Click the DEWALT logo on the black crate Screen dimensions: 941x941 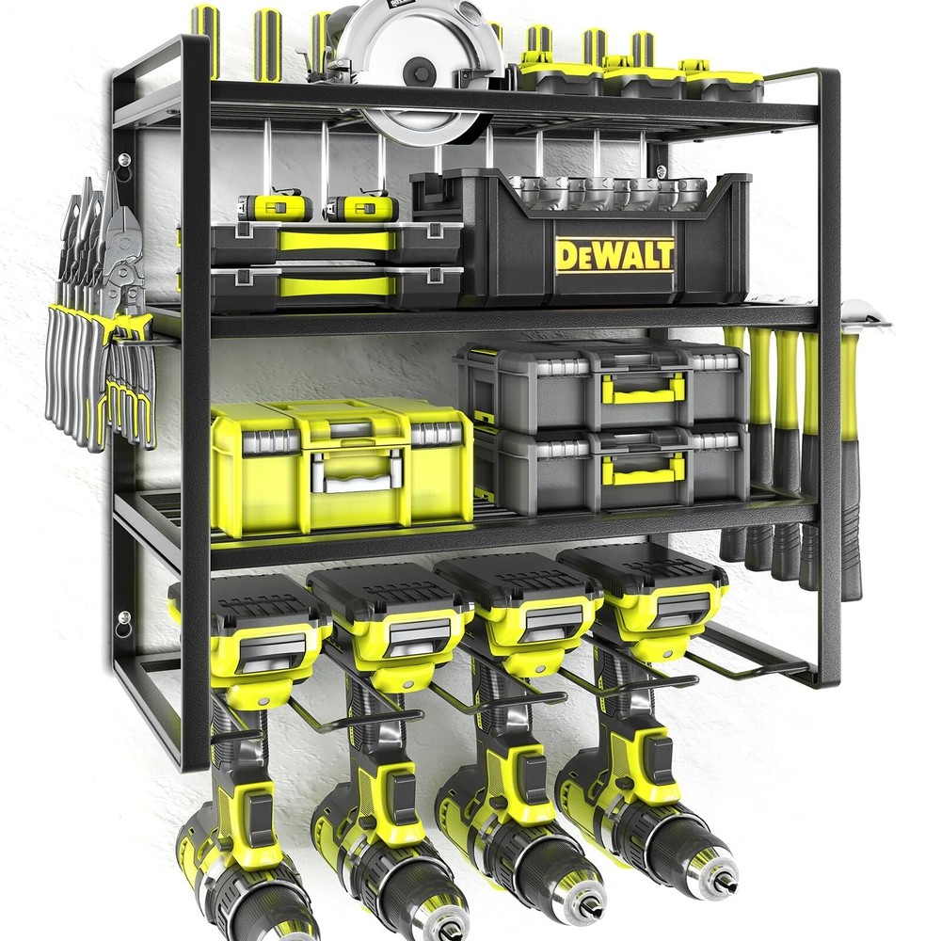click(x=614, y=254)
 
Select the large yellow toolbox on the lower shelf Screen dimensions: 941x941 click(x=341, y=465)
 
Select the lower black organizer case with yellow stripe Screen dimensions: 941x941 click(x=334, y=286)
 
